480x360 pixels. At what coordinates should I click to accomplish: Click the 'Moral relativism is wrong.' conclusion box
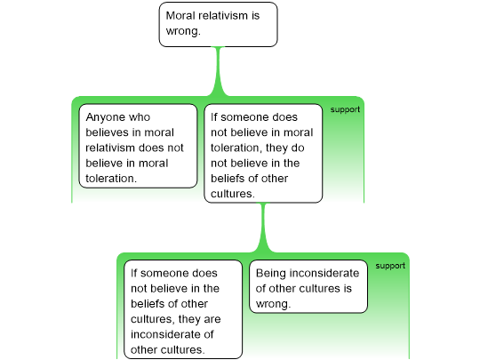pos(219,25)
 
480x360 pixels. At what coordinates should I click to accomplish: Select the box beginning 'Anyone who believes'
pos(138,146)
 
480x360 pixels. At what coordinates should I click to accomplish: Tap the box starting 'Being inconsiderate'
pos(308,286)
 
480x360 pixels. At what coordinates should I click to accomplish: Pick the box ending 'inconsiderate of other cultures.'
pos(183,309)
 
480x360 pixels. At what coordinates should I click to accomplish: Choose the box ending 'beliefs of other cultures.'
pos(263,154)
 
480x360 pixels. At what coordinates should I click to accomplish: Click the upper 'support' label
pos(345,109)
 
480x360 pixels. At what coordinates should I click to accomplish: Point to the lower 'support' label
pos(390,266)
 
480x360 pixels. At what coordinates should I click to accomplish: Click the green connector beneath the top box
pos(219,71)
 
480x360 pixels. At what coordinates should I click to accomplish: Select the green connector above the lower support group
pos(263,228)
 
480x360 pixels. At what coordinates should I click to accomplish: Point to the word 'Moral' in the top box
pos(180,16)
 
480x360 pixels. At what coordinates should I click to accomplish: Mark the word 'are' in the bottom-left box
pos(212,319)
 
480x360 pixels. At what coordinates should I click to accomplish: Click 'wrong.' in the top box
pos(183,31)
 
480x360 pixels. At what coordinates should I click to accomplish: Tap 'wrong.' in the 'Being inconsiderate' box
pos(273,304)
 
